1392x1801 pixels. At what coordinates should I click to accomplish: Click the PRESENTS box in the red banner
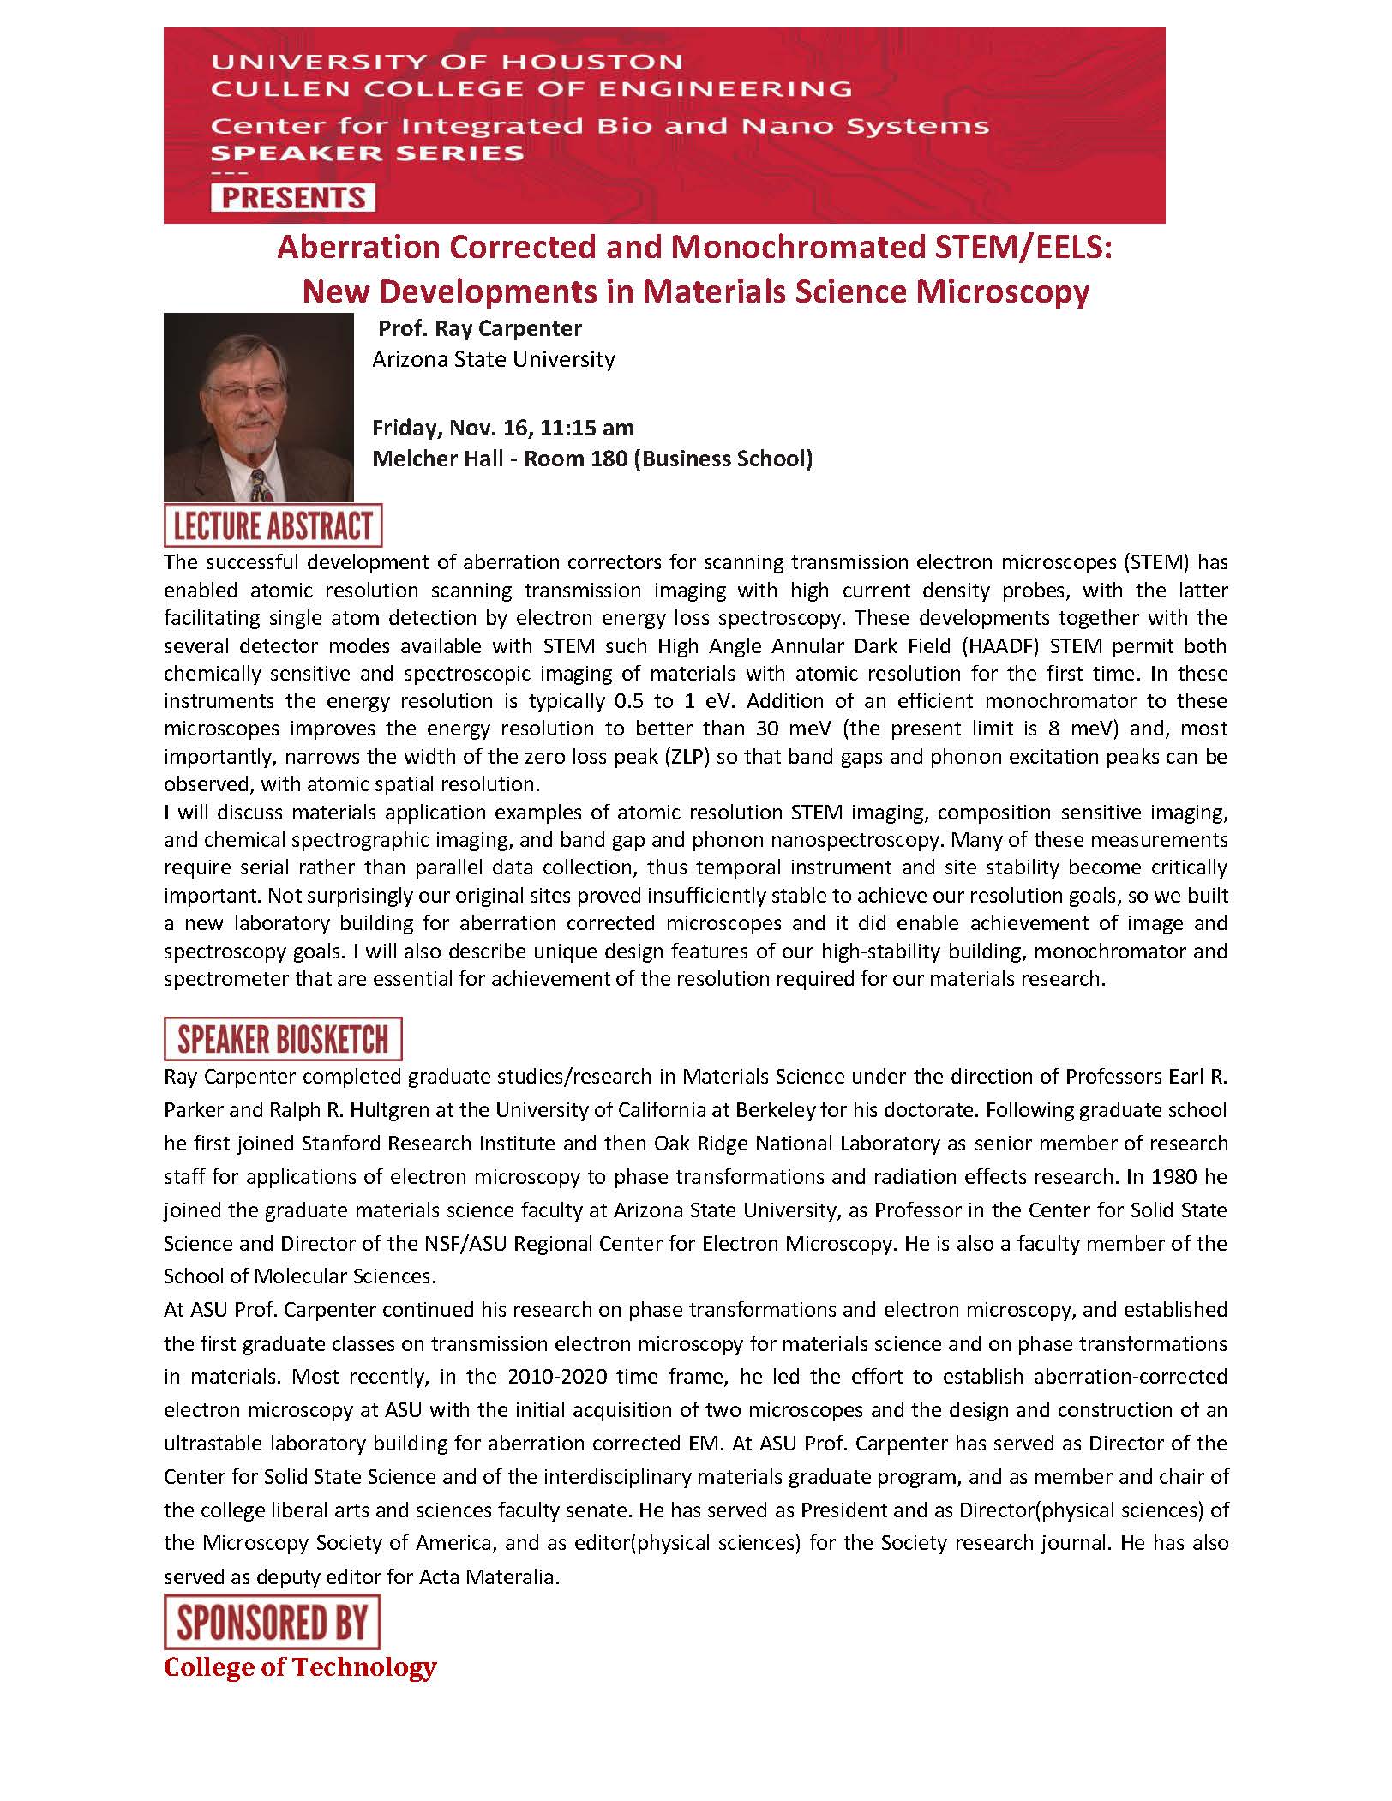pos(293,198)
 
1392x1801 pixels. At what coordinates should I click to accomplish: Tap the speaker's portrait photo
pos(259,407)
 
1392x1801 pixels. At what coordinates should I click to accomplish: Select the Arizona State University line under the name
pos(493,359)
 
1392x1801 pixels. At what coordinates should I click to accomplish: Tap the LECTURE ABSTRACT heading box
pos(273,526)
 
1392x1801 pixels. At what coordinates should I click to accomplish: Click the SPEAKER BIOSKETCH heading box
pos(283,1039)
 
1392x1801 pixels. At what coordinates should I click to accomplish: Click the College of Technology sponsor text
pos(300,1667)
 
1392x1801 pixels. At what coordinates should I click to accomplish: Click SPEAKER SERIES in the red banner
pos(367,153)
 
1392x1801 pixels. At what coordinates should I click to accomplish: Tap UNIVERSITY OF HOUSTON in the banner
pos(447,62)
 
